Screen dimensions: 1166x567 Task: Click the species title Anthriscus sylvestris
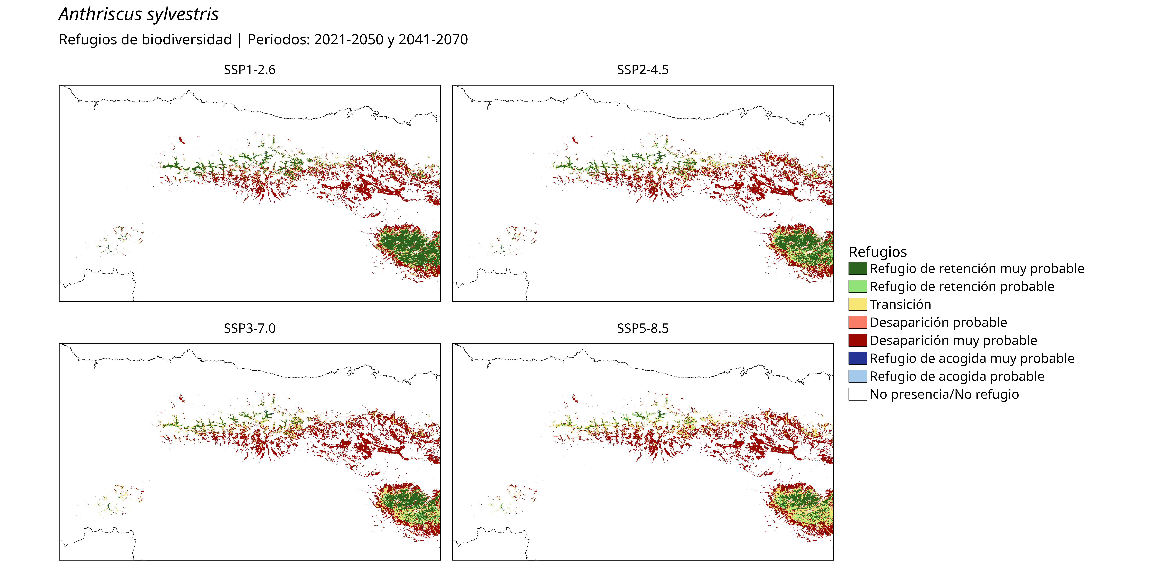pos(139,14)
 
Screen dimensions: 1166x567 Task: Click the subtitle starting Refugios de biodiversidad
pos(263,40)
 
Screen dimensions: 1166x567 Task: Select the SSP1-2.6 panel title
pos(249,70)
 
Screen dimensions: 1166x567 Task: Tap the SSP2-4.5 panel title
pos(643,70)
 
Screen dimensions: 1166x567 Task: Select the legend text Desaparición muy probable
pos(953,340)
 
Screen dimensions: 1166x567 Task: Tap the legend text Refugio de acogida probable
pos(957,376)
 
